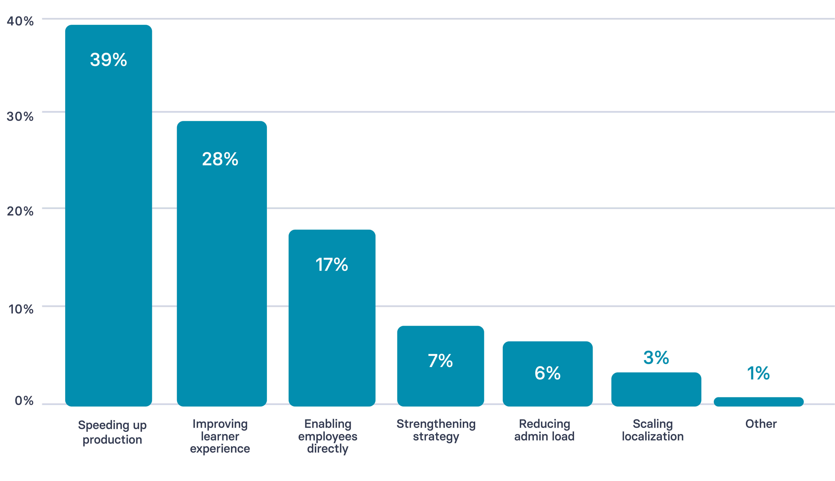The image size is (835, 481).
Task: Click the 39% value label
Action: pos(108,60)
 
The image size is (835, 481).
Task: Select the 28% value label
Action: pos(220,159)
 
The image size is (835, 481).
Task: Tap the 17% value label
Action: pos(332,265)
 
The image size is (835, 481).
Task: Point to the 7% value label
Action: pos(440,361)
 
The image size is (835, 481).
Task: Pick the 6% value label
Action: pos(547,373)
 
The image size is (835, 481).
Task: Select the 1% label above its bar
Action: pos(758,373)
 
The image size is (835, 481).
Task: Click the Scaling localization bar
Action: pos(656,389)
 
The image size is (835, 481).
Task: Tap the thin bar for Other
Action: pos(758,402)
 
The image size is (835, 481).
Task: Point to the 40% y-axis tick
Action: pos(20,21)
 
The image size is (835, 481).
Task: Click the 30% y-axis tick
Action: pos(20,116)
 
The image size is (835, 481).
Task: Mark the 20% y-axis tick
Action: pos(20,211)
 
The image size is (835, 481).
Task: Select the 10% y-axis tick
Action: pos(21,309)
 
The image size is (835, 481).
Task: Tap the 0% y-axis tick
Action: pos(24,401)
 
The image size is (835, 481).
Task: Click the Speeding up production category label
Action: pos(112,432)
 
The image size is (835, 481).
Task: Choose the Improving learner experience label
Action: pos(220,436)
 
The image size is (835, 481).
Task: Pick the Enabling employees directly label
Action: pos(328,436)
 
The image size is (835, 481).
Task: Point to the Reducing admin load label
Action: pos(544,430)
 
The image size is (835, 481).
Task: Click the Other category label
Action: pos(761,424)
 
